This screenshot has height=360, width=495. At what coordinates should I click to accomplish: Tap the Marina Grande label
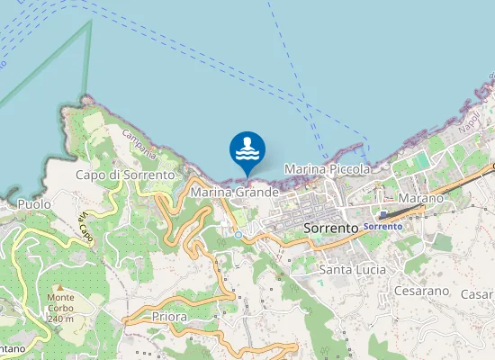point(232,193)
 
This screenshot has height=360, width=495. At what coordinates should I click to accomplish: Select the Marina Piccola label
point(327,168)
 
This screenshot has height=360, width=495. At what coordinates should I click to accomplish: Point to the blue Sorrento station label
point(382,226)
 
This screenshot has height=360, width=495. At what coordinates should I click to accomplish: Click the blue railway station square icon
point(382,215)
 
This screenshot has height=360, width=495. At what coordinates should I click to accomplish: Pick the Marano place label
point(421,197)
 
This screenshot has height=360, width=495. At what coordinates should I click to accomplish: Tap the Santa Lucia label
point(353,269)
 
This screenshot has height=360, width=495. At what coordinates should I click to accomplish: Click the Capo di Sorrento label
point(124,174)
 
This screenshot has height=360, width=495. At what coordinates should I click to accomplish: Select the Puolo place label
point(34,204)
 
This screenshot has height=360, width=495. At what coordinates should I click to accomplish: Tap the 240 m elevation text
point(59,319)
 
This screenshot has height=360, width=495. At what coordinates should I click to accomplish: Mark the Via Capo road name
point(86,224)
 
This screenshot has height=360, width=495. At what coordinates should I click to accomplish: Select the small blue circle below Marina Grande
point(238,234)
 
